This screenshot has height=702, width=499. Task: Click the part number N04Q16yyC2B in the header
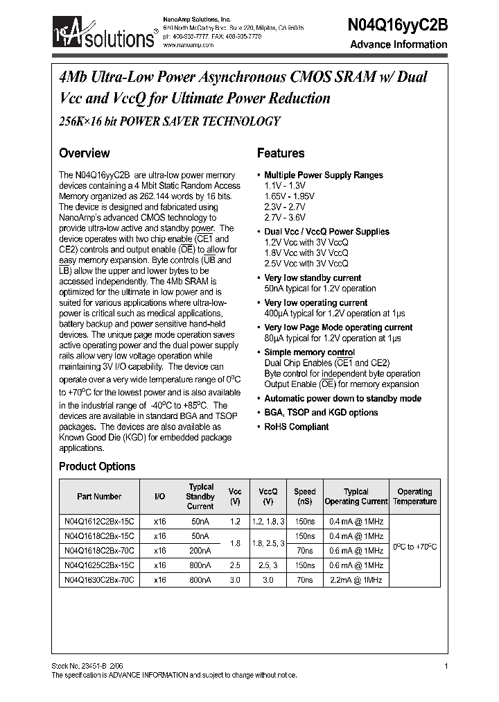pos(396,23)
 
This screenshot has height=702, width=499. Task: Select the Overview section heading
pos(84,153)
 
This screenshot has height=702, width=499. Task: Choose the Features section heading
pos(281,153)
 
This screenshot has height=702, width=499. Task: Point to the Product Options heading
pos(97,467)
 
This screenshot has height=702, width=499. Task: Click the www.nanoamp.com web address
pos(189,44)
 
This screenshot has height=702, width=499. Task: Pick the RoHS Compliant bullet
pos(296,427)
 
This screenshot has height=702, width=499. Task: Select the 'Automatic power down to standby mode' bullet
pos(342,399)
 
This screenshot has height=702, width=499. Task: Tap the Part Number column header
pos(99,497)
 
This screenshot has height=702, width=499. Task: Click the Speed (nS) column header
pos(304,497)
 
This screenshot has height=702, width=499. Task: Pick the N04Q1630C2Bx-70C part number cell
pos(99,579)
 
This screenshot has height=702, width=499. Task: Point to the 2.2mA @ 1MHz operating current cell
pos(356,579)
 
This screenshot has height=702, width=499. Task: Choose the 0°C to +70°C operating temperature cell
pos(414,547)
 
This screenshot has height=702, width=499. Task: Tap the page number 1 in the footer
pos(446,667)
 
